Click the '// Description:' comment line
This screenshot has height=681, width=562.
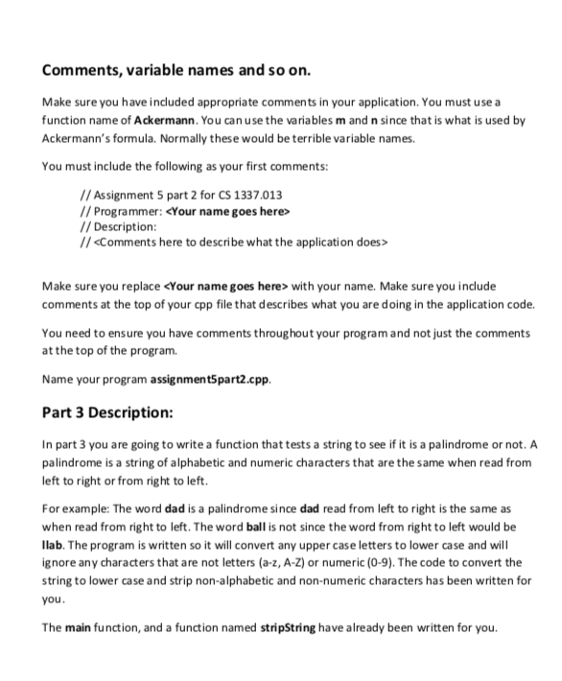[117, 226]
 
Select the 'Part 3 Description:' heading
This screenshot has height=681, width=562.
[119, 413]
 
